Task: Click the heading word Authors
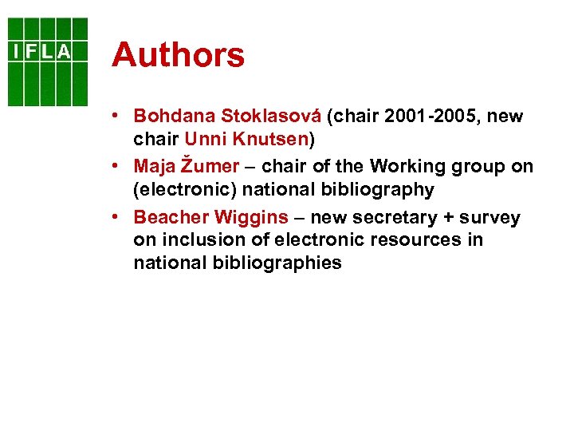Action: point(179,56)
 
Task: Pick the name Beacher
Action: point(168,218)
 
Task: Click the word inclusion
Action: point(195,240)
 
